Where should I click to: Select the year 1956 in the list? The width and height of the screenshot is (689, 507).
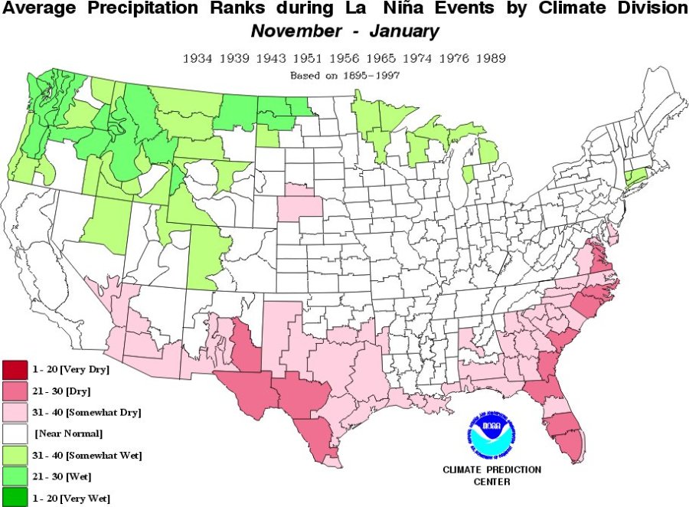(x=344, y=59)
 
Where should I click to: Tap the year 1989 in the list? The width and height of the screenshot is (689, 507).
(x=491, y=59)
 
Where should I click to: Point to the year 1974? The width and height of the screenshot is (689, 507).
(x=418, y=59)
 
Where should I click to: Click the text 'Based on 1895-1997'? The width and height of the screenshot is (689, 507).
(x=344, y=76)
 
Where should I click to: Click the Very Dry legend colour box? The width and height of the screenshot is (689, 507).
(x=15, y=370)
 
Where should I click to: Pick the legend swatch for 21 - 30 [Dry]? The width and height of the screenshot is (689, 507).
(x=15, y=391)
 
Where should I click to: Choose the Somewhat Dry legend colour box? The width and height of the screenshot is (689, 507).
(x=15, y=413)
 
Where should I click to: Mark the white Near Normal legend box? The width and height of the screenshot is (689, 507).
(x=15, y=434)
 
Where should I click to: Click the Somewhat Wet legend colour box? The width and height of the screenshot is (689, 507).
(x=15, y=456)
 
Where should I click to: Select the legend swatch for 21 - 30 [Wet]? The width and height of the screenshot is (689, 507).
(x=15, y=477)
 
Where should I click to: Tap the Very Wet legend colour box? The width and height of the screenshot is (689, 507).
(x=15, y=499)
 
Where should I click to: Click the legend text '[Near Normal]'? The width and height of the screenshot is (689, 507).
(x=69, y=434)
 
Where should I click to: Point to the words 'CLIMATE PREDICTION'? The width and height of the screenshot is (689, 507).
(x=492, y=469)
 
